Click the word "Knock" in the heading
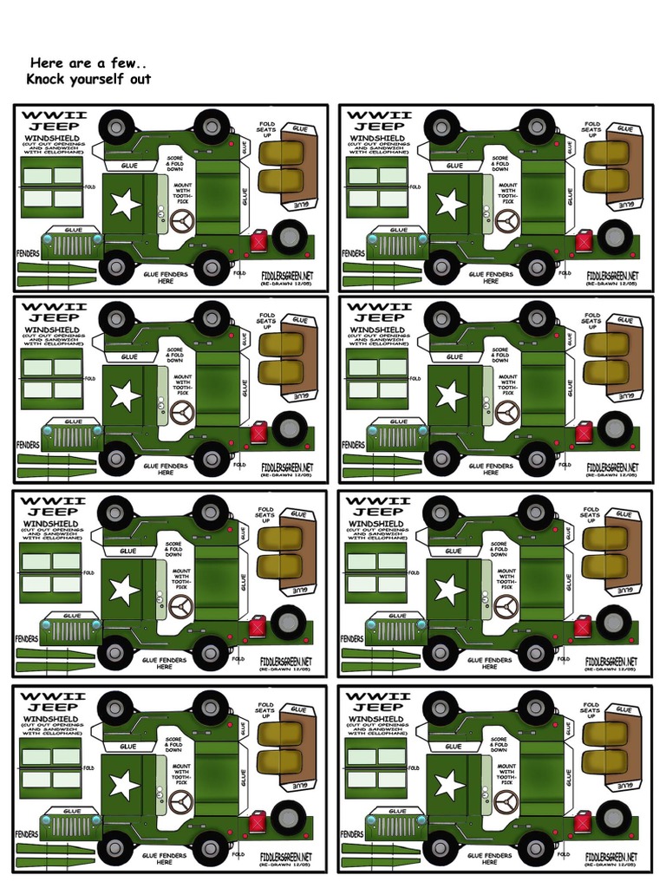50,79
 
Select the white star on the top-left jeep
125,205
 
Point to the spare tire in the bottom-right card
614,818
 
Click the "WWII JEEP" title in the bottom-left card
53,702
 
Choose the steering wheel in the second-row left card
182,415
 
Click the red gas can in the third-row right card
583,625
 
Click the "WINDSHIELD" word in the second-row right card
377,330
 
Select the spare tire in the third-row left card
288,623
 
